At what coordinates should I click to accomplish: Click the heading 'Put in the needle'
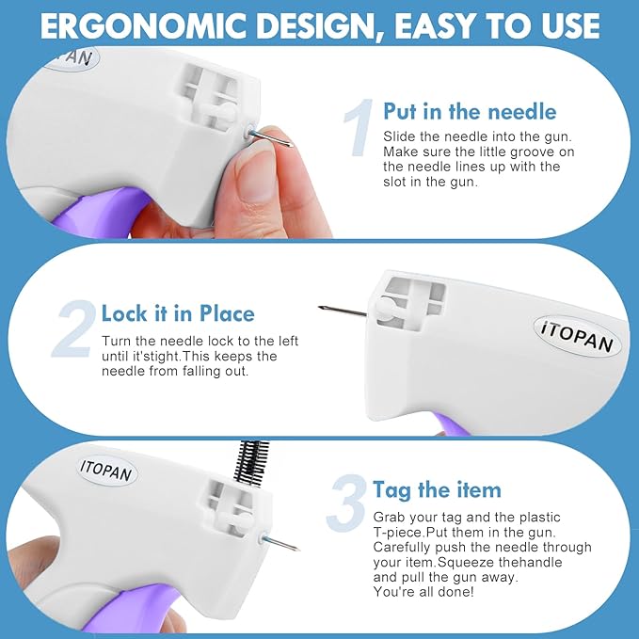[x=470, y=111]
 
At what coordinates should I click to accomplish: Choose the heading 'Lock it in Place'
[x=178, y=313]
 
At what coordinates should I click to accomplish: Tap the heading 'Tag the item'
[x=437, y=489]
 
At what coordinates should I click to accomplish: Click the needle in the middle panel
[x=343, y=311]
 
